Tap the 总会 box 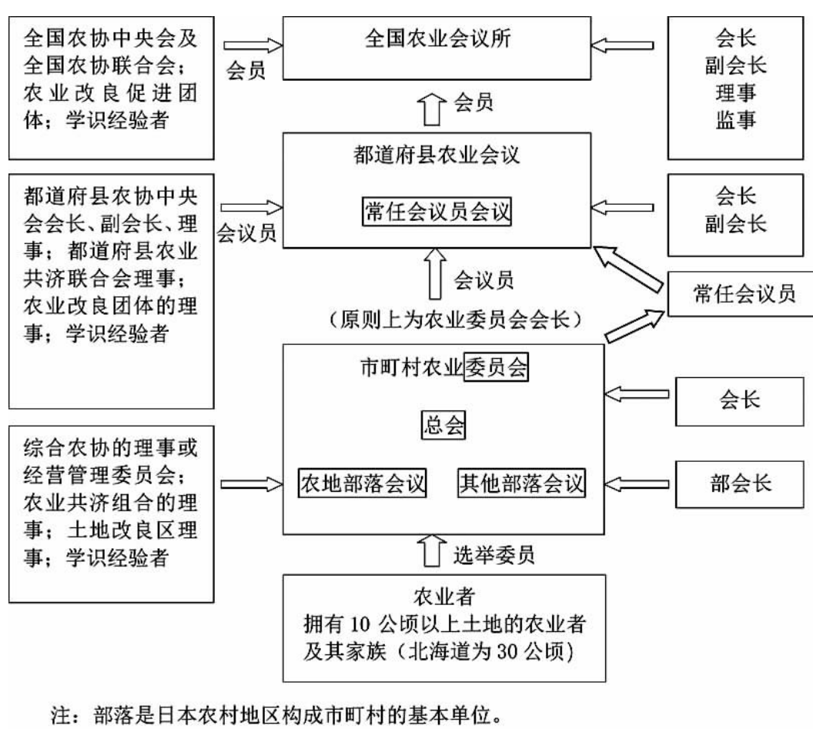[442, 424]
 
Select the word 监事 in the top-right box [736, 122]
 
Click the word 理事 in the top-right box [736, 93]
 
